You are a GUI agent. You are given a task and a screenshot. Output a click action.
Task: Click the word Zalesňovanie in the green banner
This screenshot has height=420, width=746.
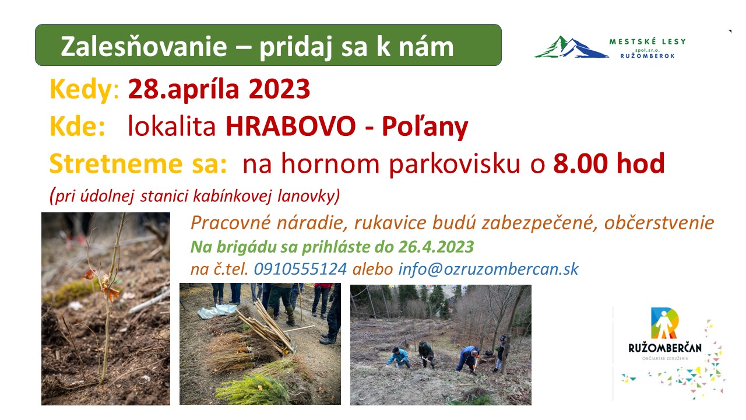tap(144, 46)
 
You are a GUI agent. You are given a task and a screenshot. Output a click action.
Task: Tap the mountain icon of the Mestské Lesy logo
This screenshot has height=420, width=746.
tap(572, 47)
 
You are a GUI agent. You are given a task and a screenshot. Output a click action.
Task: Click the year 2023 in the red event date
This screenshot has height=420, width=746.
tap(279, 89)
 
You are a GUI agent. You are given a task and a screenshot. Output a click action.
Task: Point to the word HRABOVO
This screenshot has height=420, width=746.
tap(291, 127)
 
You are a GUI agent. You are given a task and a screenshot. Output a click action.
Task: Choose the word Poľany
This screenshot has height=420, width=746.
tap(425, 128)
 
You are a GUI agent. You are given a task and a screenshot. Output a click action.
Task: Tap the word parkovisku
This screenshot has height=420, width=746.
tap(455, 165)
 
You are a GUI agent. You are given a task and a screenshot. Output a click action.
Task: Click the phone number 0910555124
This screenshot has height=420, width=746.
tap(300, 269)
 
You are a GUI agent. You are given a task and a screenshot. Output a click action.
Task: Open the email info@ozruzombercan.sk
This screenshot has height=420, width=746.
tap(488, 269)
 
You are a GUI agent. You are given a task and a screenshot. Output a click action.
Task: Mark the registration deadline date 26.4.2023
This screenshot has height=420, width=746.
tap(436, 247)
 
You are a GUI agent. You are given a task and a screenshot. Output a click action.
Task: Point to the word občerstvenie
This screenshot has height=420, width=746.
tap(659, 223)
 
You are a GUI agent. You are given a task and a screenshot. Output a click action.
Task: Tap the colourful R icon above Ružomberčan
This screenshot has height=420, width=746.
tap(665, 323)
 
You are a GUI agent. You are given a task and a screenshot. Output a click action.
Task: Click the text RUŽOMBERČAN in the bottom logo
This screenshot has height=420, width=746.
tap(665, 348)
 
